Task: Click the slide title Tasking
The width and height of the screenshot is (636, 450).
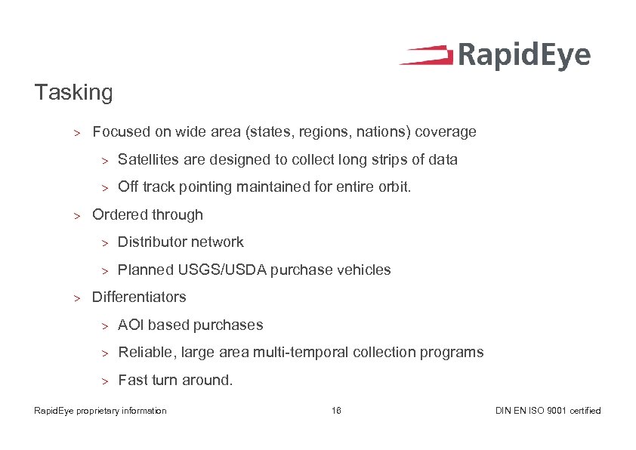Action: coord(73,93)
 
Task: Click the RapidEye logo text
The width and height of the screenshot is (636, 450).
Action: coord(524,57)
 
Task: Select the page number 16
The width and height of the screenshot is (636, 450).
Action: coord(336,411)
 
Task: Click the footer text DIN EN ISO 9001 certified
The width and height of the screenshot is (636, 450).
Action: coord(548,411)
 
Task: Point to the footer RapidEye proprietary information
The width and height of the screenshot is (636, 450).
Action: coord(100,411)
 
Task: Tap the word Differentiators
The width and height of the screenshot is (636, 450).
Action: coord(139,297)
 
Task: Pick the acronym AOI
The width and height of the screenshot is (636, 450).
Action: coord(131,325)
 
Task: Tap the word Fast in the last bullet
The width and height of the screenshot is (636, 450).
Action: coord(133,380)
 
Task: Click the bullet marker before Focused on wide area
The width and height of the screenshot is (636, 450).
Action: coord(76,133)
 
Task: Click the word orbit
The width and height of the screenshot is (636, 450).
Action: coord(394,186)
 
